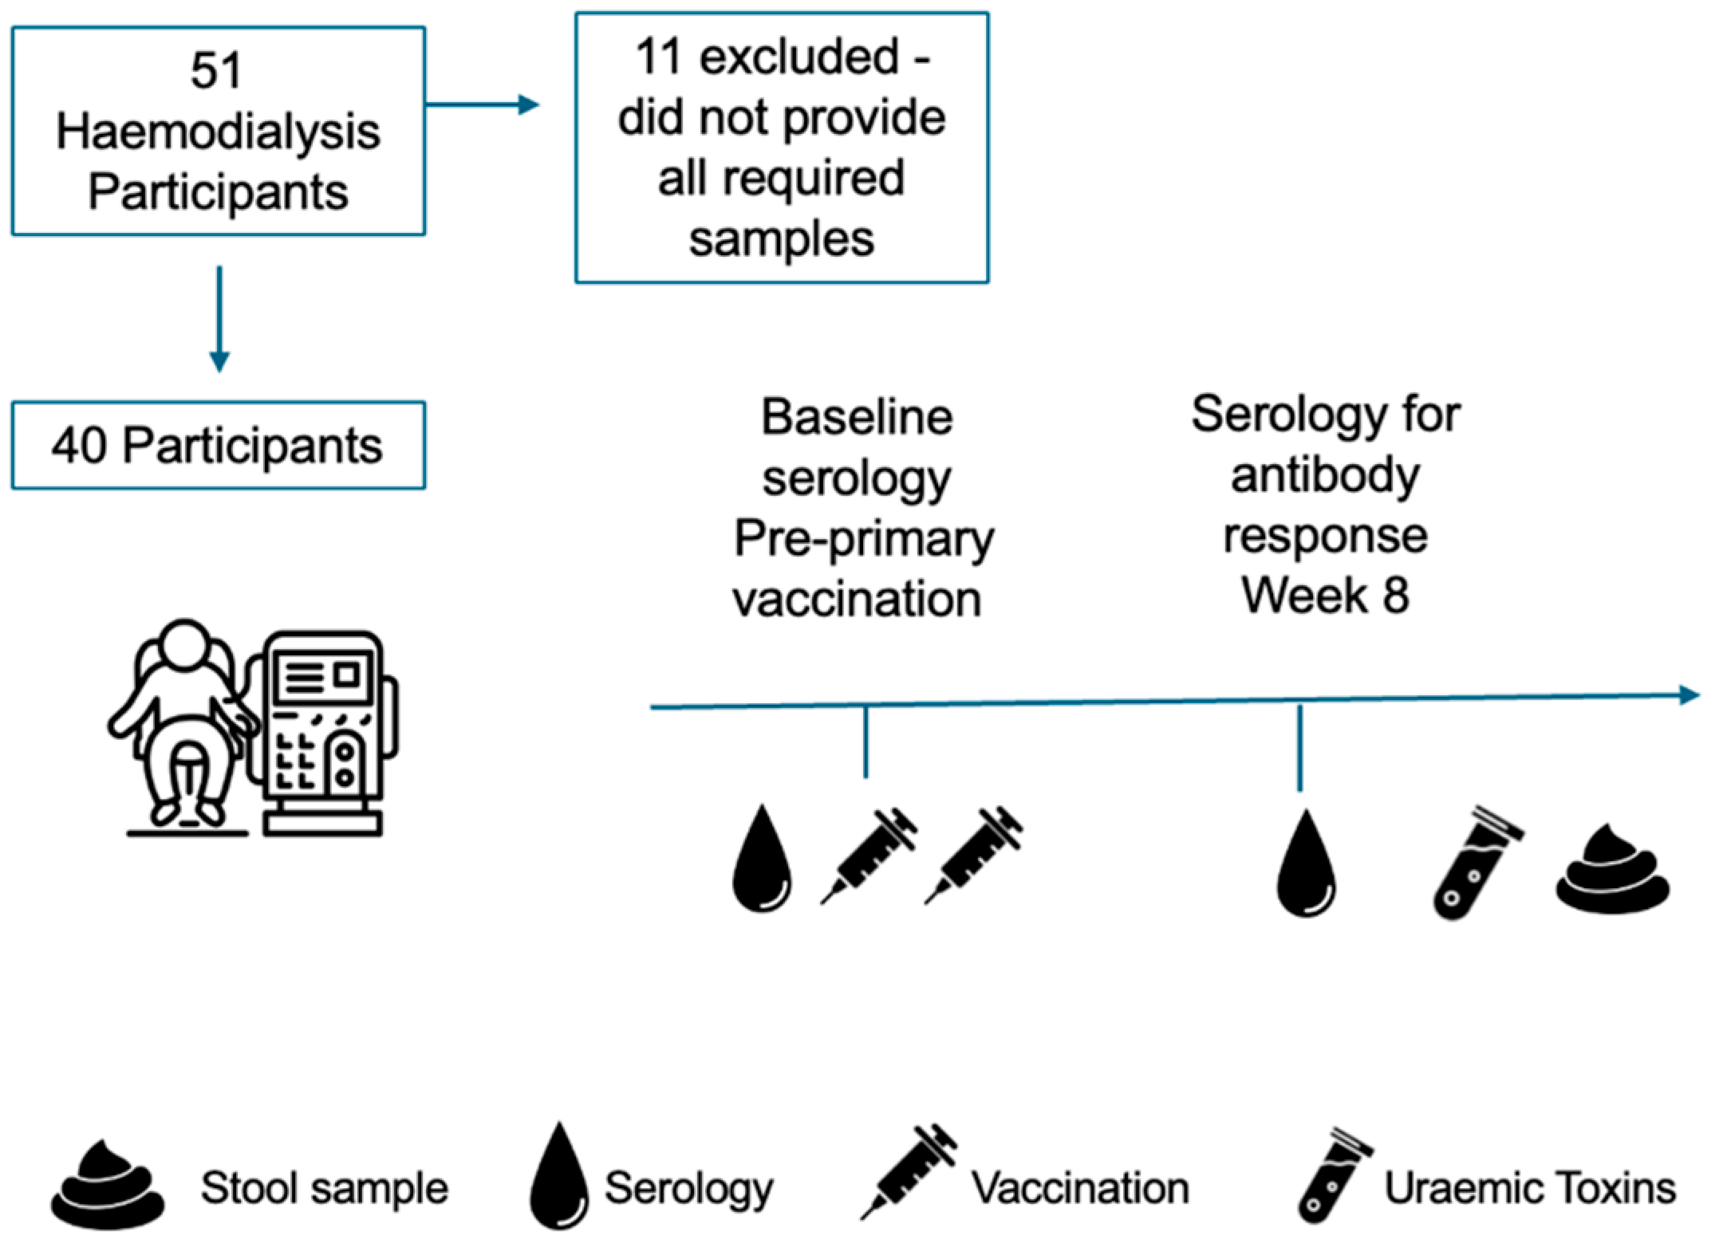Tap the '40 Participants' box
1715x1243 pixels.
coord(218,445)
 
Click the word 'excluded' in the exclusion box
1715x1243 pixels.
coord(799,57)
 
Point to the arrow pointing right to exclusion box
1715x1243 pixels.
coord(483,104)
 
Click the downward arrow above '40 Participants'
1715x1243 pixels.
coord(219,319)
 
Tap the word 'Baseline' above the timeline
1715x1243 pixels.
coord(857,417)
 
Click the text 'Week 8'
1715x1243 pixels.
coord(1325,595)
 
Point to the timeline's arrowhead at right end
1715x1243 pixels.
coord(1689,695)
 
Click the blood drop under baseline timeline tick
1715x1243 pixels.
coord(763,858)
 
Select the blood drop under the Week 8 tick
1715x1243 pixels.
coord(1307,863)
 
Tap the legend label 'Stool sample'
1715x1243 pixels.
coord(324,1189)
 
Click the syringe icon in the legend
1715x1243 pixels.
coord(909,1171)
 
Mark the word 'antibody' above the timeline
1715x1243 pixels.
coord(1325,475)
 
